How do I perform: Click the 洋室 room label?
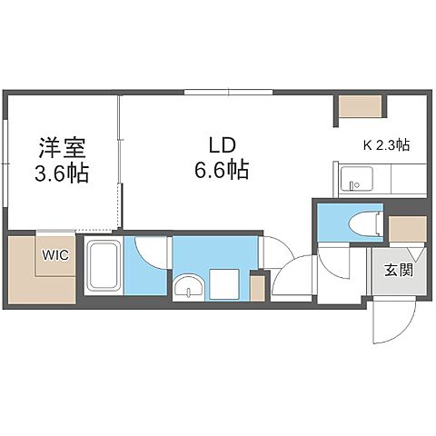coord(63,147)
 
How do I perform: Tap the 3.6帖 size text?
coord(63,173)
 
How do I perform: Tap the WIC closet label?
coord(49,256)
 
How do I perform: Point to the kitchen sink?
coord(352,182)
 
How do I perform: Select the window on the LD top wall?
coord(227,92)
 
